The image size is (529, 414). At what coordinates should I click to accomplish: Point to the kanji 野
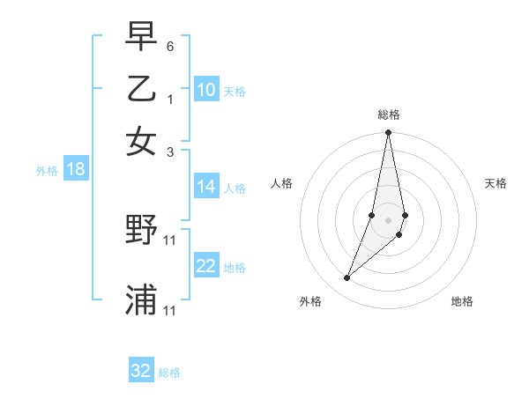tap(141, 231)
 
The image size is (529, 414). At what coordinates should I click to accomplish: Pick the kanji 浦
tap(141, 299)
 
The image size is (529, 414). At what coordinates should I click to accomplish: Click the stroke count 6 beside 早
tap(169, 45)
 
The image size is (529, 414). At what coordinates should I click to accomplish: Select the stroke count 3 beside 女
tap(169, 152)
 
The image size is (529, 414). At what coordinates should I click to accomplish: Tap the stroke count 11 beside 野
tap(171, 239)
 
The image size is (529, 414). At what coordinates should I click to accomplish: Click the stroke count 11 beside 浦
tap(171, 310)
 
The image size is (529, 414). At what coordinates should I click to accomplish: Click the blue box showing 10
tap(206, 90)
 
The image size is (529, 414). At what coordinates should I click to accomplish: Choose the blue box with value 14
tap(206, 187)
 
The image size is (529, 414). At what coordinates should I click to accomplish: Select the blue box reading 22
tap(206, 267)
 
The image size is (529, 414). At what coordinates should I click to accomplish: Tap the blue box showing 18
tap(76, 170)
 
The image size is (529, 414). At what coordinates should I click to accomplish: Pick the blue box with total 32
tap(141, 371)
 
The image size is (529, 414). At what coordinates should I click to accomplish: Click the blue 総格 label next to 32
tap(169, 373)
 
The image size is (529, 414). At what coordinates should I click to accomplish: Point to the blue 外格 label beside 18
tap(47, 171)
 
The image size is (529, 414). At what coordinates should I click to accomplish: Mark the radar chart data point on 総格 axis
tap(388, 133)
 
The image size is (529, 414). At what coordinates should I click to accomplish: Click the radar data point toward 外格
tap(347, 278)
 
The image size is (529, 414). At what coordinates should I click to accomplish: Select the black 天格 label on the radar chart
tap(495, 183)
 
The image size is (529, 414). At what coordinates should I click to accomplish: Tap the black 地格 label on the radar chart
tap(462, 301)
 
